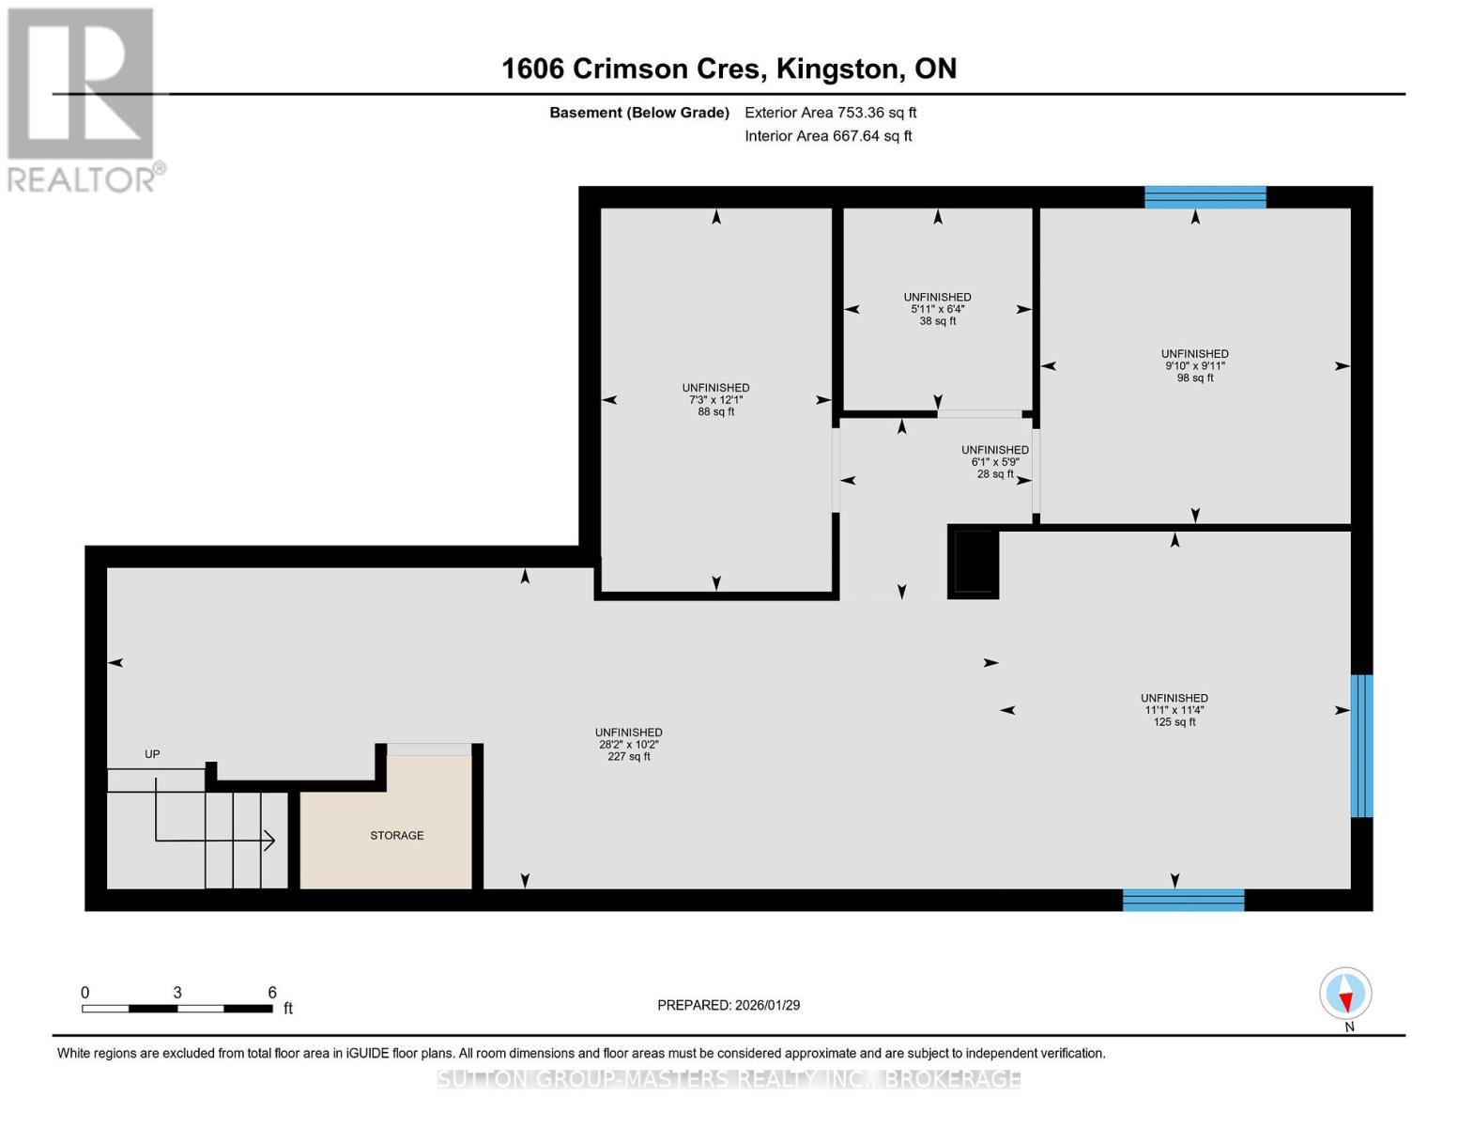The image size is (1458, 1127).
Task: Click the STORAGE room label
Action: [x=396, y=835]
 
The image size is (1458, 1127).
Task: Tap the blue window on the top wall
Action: [x=1205, y=197]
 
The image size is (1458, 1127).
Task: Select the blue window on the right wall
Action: [x=1361, y=746]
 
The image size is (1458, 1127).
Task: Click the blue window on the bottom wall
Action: [x=1183, y=900]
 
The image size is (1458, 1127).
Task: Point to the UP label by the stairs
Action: [x=152, y=754]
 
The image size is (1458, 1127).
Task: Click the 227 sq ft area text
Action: [x=628, y=756]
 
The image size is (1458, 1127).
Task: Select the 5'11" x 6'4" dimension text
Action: [x=937, y=309]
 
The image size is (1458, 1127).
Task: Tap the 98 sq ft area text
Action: [x=1194, y=378]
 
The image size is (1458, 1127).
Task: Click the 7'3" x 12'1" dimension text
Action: [x=715, y=399]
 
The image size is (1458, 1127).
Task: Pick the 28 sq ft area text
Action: [x=995, y=474]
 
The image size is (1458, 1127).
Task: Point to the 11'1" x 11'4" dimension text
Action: [x=1174, y=710]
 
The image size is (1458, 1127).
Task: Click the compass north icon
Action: [x=1345, y=994]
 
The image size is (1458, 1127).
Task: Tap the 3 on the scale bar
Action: [x=177, y=992]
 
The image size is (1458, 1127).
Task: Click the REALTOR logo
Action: [x=82, y=99]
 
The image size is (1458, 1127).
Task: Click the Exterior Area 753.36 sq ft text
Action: [x=830, y=113]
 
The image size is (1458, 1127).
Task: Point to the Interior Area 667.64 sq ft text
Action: [x=828, y=136]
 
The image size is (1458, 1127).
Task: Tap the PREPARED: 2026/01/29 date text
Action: [x=729, y=1005]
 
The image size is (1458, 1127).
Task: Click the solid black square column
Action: [x=974, y=561]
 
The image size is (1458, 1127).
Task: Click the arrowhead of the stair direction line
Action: [x=270, y=841]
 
